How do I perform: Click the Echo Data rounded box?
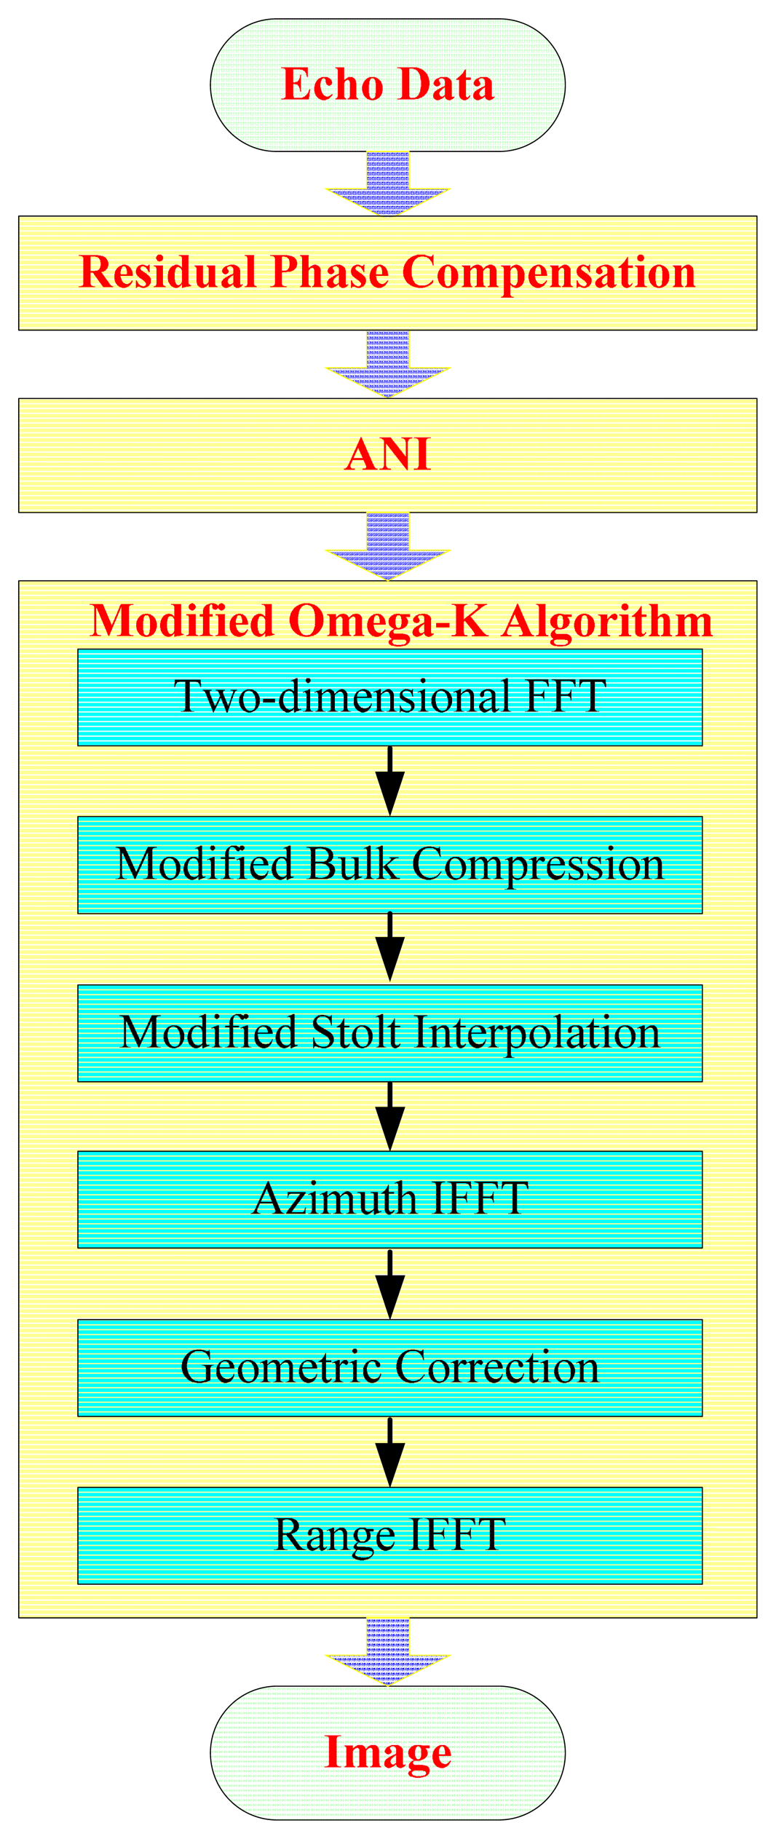tap(387, 85)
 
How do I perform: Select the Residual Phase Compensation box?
tap(387, 273)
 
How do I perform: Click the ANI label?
tap(387, 455)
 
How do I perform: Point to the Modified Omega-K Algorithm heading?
tap(400, 621)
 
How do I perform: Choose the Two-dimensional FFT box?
tap(389, 697)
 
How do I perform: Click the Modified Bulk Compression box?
tap(389, 865)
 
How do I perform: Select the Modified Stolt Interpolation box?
tap(389, 1033)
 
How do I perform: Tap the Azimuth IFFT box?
tap(389, 1199)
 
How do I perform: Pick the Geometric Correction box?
tap(389, 1367)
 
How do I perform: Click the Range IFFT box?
tap(389, 1535)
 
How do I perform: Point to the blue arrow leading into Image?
tap(387, 1652)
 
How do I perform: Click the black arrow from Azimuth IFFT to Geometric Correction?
tap(390, 1285)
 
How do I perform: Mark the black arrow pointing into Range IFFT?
tap(390, 1453)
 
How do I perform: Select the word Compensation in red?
tap(548, 273)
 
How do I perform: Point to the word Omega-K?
tap(387, 621)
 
